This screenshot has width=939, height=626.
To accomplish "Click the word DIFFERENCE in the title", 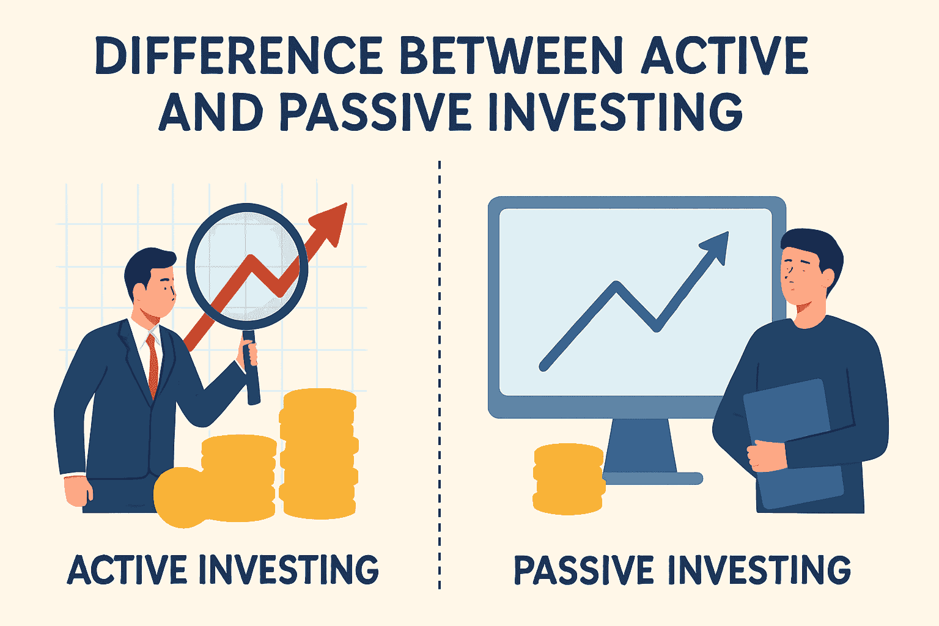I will [x=238, y=56].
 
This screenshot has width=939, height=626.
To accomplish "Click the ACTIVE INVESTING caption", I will [x=223, y=570].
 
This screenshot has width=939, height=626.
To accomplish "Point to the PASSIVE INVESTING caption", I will [x=682, y=570].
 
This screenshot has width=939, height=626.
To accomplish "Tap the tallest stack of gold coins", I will [x=319, y=452].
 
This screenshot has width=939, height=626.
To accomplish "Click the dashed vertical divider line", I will [x=440, y=367].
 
